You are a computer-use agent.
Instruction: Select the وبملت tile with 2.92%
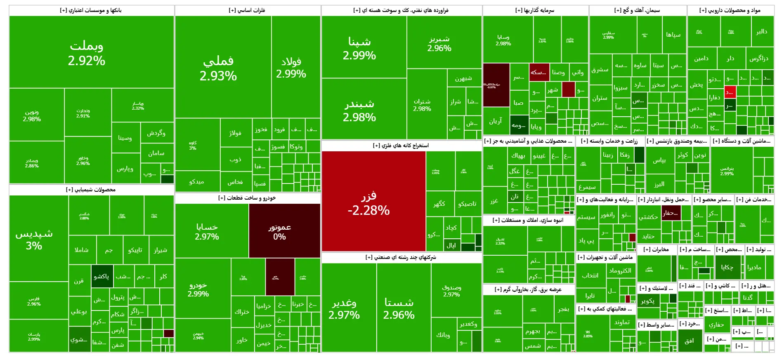point(87,53)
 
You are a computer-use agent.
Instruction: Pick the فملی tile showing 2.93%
point(218,68)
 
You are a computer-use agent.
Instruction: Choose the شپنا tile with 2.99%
point(359,48)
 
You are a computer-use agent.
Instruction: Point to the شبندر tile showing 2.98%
point(359,110)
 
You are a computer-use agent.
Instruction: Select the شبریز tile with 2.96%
point(439,43)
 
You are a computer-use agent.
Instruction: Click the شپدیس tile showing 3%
point(34,239)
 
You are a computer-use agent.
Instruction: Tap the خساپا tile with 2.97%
point(207,231)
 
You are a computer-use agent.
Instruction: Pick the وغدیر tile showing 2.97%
point(344,309)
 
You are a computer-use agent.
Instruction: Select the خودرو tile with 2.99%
point(198,289)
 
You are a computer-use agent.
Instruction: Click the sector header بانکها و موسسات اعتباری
point(91,10)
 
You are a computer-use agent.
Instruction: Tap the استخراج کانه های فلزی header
point(401,146)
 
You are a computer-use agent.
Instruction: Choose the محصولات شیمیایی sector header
point(91,190)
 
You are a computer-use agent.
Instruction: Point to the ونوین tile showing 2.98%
point(32,115)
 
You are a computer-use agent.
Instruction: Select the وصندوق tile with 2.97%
point(451,290)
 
